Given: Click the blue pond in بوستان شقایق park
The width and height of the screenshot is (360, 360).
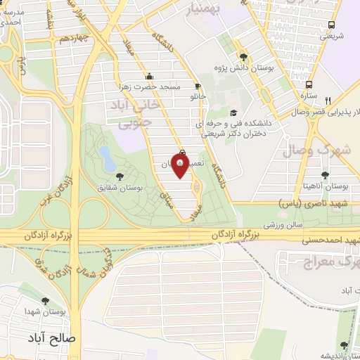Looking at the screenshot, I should tap(106, 157).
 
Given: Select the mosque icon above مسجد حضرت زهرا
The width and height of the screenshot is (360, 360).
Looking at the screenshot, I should tap(148, 77).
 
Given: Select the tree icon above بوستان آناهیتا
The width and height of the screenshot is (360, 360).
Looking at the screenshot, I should tap(324, 176).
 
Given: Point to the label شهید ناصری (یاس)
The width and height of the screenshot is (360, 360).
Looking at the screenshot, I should tap(304, 202).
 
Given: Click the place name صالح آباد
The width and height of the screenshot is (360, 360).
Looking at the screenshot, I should tap(52, 337).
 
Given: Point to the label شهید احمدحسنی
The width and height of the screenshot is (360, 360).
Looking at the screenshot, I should tap(328, 240).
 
